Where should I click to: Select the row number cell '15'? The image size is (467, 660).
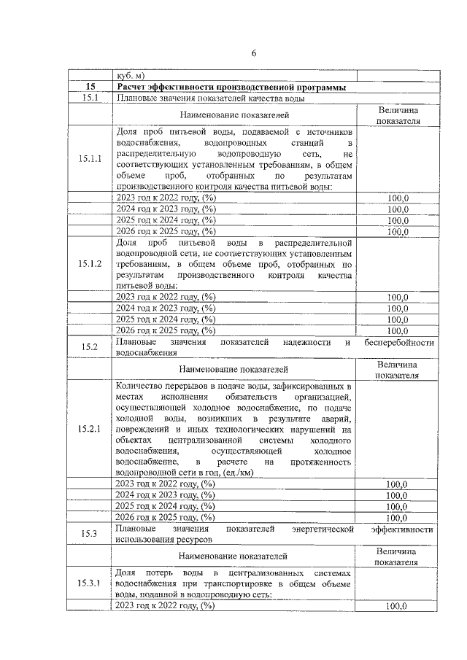90,88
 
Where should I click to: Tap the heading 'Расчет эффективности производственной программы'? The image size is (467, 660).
234,88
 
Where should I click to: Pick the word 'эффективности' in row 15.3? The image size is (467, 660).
402,528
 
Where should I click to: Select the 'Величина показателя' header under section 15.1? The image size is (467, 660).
398,114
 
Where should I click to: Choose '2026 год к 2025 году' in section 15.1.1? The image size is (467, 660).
166,231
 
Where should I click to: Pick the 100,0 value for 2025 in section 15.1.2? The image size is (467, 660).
397,319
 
